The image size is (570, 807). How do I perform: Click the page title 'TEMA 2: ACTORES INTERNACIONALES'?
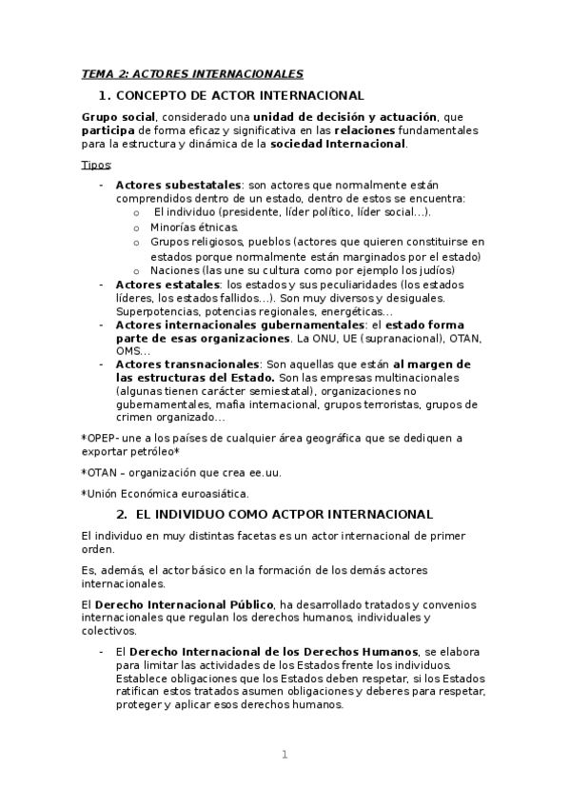pyautogui.click(x=192, y=73)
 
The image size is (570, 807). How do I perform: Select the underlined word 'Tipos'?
pyautogui.click(x=96, y=165)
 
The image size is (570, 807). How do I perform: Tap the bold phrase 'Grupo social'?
pyautogui.click(x=117, y=115)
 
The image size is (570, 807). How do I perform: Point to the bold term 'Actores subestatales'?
pyautogui.click(x=178, y=185)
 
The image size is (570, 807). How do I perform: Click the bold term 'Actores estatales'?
pyautogui.click(x=167, y=284)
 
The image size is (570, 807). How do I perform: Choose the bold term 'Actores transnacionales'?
pyautogui.click(x=187, y=364)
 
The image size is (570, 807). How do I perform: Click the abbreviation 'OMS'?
pyautogui.click(x=128, y=350)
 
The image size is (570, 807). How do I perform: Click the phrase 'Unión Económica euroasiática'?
pyautogui.click(x=167, y=493)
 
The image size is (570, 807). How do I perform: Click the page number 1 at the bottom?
pyautogui.click(x=284, y=755)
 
